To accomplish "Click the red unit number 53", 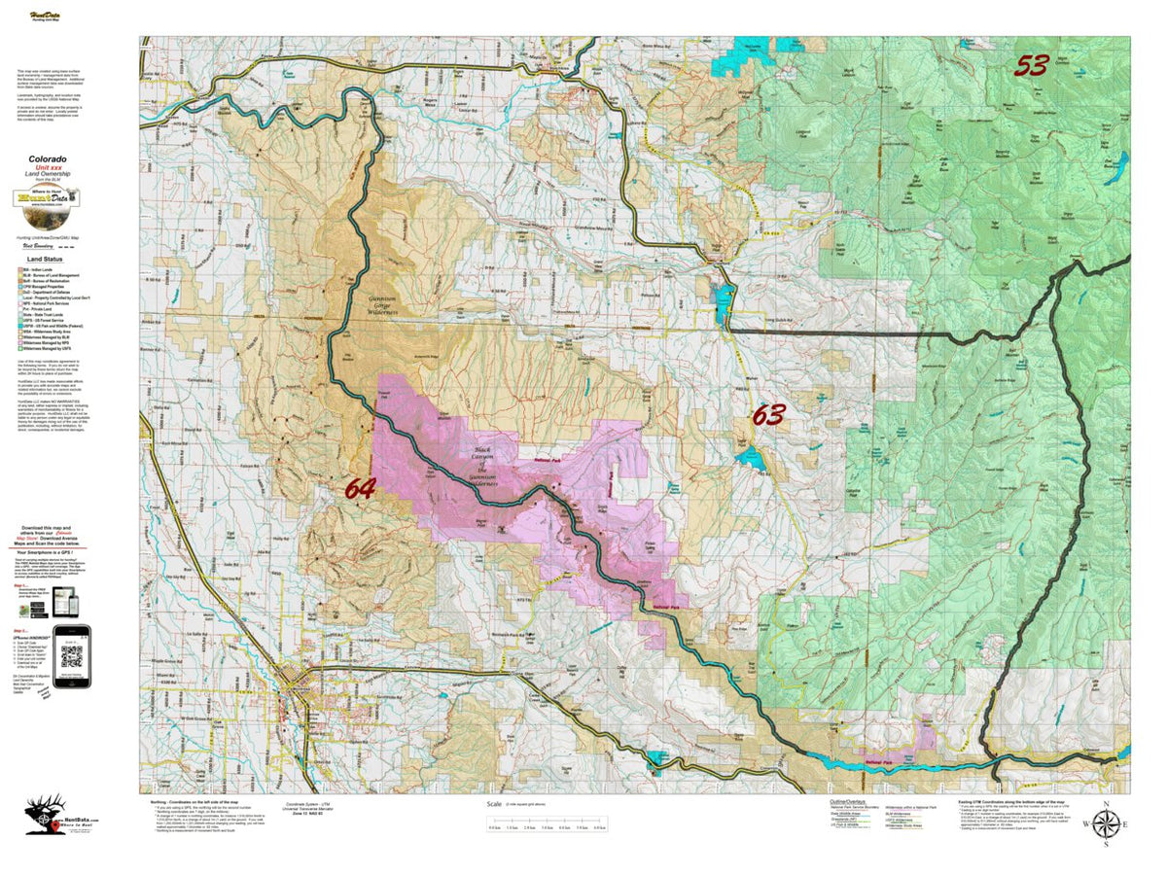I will pos(1031,65).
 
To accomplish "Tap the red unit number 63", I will pos(767,416).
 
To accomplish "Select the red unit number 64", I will pos(359,489).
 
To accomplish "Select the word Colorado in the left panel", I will pos(47,158).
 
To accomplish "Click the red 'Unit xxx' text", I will pos(47,167).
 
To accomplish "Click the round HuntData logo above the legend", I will pos(47,198).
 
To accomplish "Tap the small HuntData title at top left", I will pos(42,43).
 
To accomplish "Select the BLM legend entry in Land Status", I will pos(49,277).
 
